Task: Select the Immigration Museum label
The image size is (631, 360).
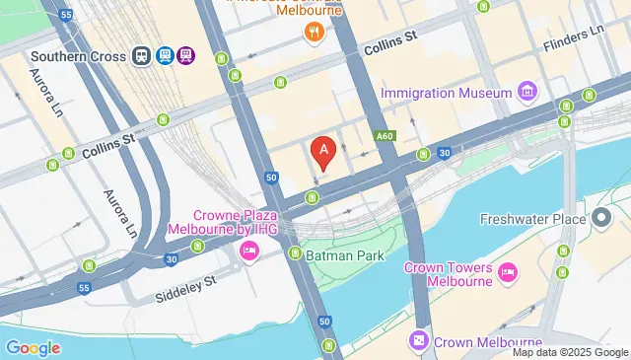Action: [x=446, y=93]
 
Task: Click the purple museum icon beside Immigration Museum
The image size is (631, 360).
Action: [x=528, y=93]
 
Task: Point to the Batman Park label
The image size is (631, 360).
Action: [x=344, y=254]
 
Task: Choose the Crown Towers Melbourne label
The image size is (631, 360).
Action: [x=448, y=274]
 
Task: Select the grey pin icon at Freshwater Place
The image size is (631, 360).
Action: [x=602, y=218]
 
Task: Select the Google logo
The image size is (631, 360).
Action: [x=33, y=347]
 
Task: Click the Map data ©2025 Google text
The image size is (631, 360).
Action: [x=568, y=352]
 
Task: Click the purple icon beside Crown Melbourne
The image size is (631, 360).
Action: [x=420, y=340]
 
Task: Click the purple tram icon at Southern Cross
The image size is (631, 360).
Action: [x=186, y=55]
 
